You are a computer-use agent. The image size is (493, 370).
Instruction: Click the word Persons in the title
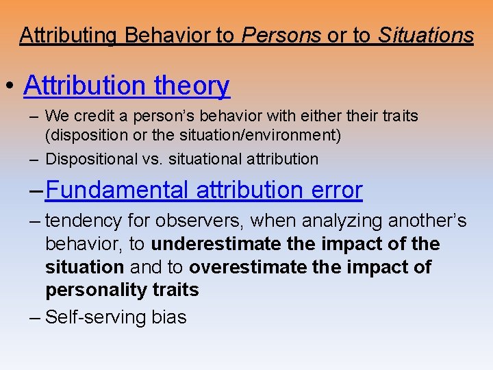pos(281,35)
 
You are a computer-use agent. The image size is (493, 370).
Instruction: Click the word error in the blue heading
pos(334,190)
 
